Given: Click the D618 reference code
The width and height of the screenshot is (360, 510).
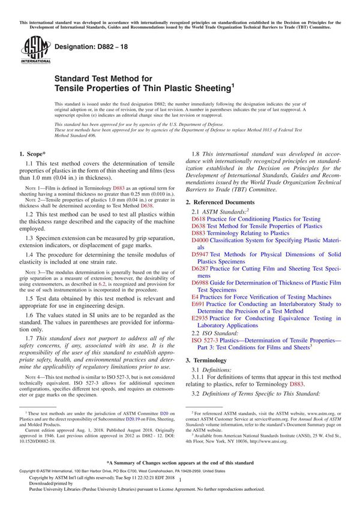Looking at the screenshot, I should pyautogui.click(x=199, y=219).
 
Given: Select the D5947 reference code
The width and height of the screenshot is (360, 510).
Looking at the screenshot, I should pyautogui.click(x=200, y=254).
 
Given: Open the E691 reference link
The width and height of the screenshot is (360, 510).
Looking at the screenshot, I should pyautogui.click(x=197, y=304).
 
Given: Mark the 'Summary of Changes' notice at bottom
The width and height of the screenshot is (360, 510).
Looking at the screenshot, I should pyautogui.click(x=180, y=463).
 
